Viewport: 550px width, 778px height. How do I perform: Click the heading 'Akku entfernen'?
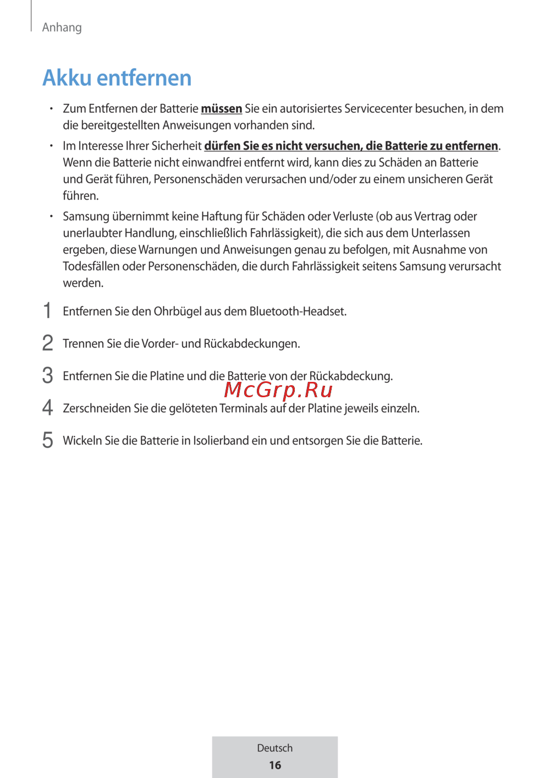point(117,78)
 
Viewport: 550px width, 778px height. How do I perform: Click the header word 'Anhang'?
point(62,28)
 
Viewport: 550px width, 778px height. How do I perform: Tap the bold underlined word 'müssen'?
point(221,109)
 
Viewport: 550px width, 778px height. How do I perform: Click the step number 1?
point(48,311)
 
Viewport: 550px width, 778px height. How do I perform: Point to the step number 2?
point(48,343)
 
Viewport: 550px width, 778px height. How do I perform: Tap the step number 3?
point(48,376)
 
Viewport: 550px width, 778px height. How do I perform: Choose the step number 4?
point(48,408)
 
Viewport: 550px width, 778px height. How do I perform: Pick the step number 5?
point(48,440)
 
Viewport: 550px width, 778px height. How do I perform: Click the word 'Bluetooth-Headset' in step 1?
point(297,311)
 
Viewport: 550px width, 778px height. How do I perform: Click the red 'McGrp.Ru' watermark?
point(278,390)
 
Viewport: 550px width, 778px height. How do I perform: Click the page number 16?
point(275,765)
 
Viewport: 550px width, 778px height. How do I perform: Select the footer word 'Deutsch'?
point(275,748)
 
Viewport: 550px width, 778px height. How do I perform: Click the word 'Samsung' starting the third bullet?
point(86,217)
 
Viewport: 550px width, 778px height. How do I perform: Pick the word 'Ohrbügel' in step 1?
point(178,311)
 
